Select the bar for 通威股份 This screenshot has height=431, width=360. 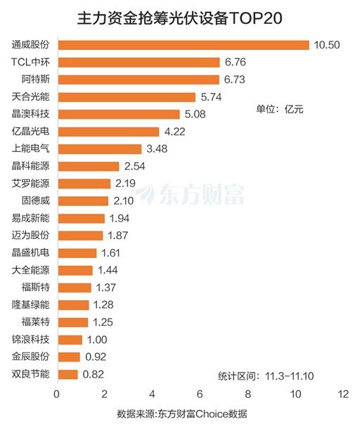(183, 45)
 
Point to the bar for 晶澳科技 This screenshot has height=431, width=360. (119, 114)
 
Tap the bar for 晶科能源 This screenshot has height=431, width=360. (89, 166)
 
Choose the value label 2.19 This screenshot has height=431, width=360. (126, 184)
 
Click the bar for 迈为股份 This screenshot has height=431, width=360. (80, 235)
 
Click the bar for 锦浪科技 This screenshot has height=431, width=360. (70, 339)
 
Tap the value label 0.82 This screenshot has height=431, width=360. (94, 373)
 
